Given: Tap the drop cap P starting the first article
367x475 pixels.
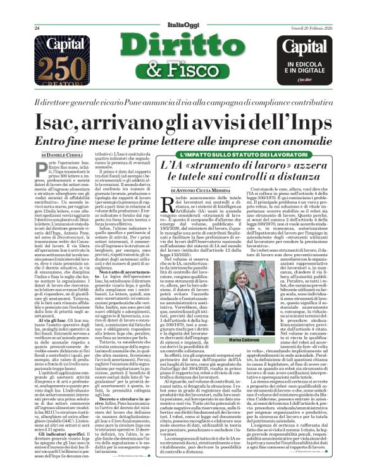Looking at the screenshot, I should tap(40, 169).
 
